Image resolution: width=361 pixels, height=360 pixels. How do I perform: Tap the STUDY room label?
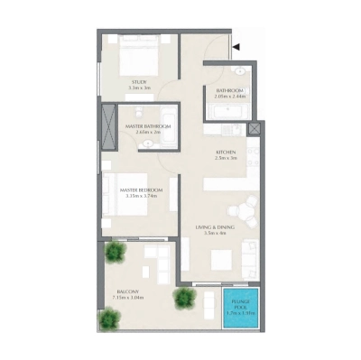(x=139, y=82)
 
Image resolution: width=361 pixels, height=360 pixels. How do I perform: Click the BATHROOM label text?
(x=228, y=90)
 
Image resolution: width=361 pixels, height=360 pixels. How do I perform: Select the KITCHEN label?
(x=225, y=152)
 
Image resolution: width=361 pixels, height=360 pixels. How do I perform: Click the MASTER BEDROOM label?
(x=142, y=189)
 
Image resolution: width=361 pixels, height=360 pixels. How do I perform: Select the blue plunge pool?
(x=241, y=306)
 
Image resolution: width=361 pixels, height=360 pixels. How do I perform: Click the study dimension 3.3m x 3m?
(x=139, y=88)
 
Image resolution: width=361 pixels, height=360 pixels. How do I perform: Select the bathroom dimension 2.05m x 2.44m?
(x=228, y=97)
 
